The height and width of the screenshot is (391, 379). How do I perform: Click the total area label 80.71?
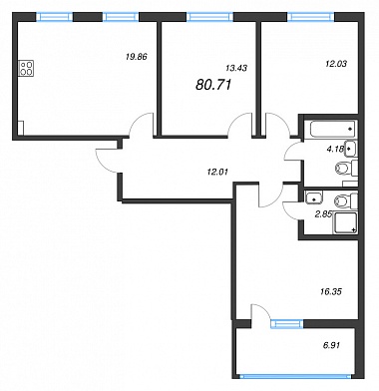(x=213, y=85)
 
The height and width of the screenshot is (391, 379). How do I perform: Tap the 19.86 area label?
(x=137, y=57)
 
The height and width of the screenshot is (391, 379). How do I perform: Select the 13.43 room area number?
(x=236, y=68)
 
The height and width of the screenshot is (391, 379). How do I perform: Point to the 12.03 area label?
(x=336, y=64)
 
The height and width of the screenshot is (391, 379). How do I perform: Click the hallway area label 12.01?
(x=217, y=172)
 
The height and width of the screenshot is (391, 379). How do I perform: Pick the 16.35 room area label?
(x=332, y=292)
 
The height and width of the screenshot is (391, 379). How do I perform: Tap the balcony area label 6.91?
(x=331, y=345)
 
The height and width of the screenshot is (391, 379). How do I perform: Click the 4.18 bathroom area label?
(x=335, y=149)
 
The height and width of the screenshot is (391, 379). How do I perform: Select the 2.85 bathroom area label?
(x=323, y=214)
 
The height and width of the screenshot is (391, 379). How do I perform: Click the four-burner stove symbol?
(x=27, y=69)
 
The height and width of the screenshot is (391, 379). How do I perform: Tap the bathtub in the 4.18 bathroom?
(x=332, y=129)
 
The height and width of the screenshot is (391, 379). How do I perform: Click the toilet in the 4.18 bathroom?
(x=346, y=169)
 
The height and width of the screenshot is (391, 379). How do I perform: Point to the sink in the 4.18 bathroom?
(x=351, y=149)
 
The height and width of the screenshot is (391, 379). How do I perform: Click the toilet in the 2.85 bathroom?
(x=346, y=201)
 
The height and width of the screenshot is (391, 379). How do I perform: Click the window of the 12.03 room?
(x=310, y=17)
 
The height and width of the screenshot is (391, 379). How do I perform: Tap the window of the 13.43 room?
(x=209, y=17)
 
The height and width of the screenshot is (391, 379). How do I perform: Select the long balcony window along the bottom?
(x=295, y=376)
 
